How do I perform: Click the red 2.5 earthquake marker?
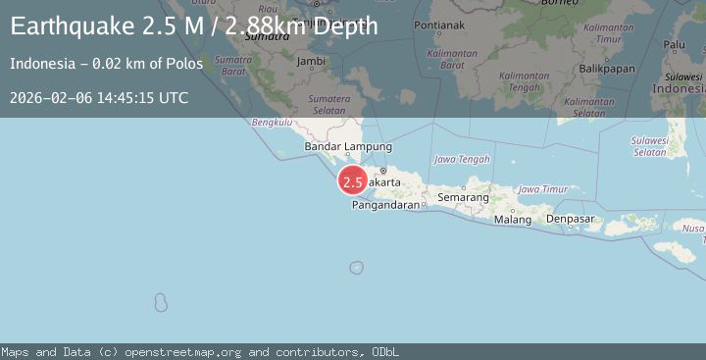tap(353, 181)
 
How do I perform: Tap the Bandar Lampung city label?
tap(334, 147)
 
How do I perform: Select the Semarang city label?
tap(463, 197)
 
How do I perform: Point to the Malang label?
tap(512, 220)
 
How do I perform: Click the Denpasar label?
tap(571, 219)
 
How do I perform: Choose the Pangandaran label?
tap(385, 205)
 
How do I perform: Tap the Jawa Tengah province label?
tap(462, 159)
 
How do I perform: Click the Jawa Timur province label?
tap(542, 188)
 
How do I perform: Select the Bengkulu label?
tap(272, 123)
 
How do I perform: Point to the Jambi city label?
tap(311, 61)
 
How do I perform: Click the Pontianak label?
tap(437, 24)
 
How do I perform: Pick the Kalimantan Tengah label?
tap(524, 81)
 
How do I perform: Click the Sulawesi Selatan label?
tap(650, 146)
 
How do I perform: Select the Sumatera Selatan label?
tap(329, 105)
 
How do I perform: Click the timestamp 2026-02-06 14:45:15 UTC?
tap(98, 97)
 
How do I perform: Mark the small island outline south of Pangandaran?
tap(356, 267)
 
